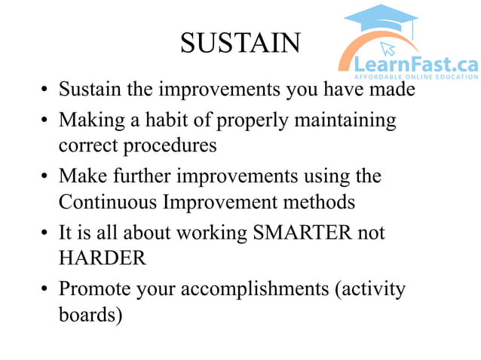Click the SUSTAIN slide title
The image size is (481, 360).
click(240, 43)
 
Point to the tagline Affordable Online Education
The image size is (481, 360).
click(415, 78)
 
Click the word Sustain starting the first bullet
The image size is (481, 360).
click(84, 91)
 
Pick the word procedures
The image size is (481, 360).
click(174, 145)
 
